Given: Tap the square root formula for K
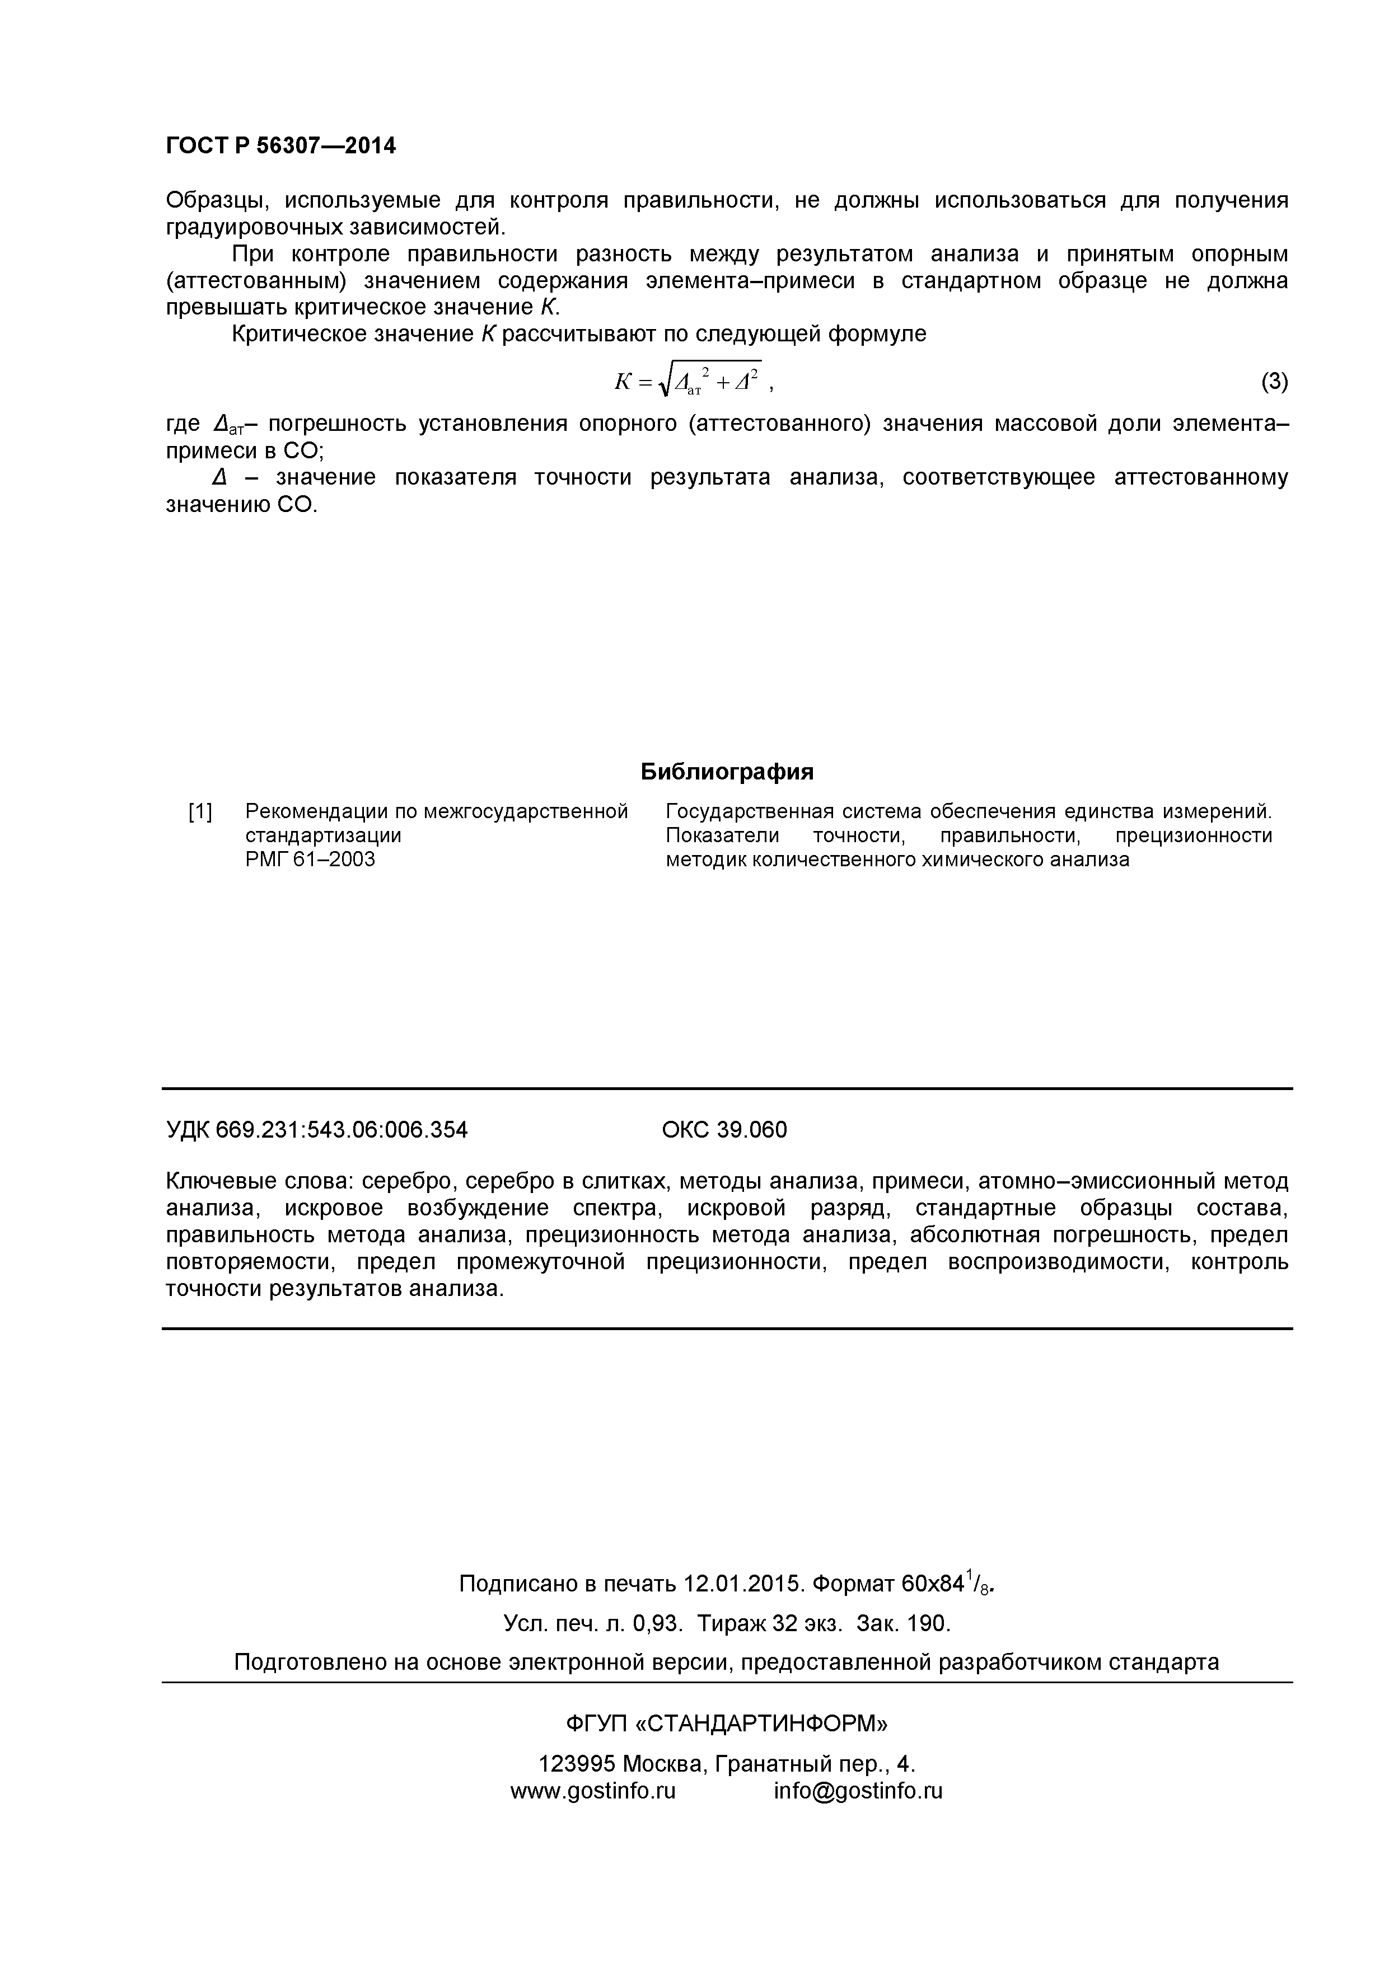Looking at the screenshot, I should [689, 381].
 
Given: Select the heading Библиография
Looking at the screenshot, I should [727, 772].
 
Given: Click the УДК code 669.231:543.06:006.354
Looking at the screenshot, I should [342, 1130].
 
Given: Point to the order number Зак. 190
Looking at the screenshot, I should [903, 1623].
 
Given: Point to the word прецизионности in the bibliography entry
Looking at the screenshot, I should [1194, 835].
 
